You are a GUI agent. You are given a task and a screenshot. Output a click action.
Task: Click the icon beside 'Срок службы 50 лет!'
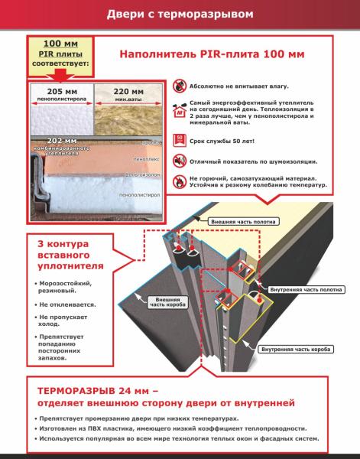pos(179,140)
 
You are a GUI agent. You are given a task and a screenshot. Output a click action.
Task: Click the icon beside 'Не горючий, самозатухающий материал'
pos(179,181)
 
